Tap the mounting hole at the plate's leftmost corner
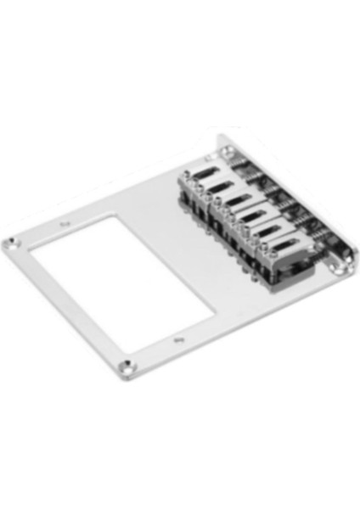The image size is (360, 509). coord(9,244)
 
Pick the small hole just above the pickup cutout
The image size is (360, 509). coord(66,222)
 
